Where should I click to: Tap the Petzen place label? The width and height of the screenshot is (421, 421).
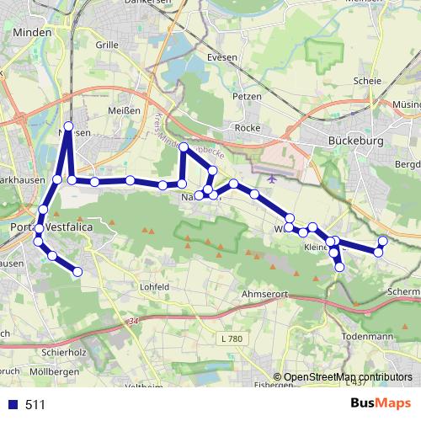tap(248, 96)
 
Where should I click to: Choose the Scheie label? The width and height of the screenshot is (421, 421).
tap(368, 81)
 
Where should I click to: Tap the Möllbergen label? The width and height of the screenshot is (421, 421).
tap(55, 371)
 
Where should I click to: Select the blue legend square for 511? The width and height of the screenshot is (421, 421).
tap(13, 405)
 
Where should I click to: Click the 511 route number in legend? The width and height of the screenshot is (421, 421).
tap(36, 405)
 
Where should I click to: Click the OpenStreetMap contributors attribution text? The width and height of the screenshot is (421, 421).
tap(347, 377)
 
